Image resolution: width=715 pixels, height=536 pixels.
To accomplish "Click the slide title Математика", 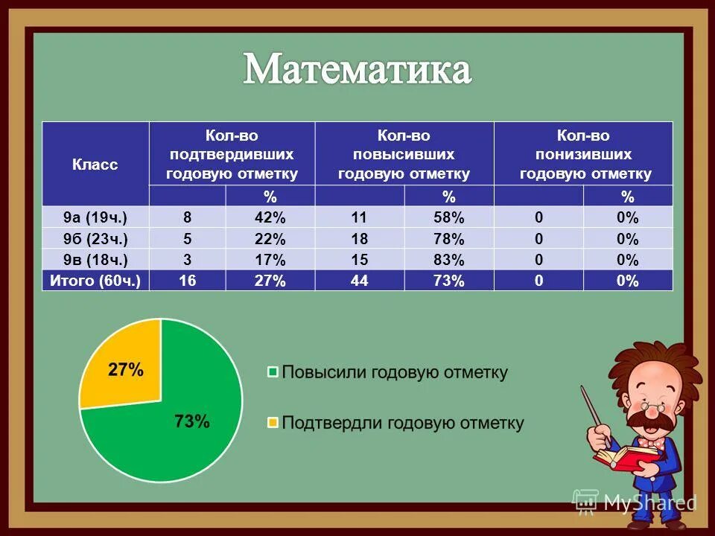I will [357, 71].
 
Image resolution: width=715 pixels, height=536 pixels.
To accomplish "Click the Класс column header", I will [95, 165].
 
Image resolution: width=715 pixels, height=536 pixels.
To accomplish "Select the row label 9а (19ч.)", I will [95, 217].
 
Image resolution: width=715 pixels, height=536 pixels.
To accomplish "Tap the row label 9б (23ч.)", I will [95, 239].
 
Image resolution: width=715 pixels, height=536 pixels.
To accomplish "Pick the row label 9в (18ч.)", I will [95, 260].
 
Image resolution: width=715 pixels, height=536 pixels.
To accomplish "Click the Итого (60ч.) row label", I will [95, 281].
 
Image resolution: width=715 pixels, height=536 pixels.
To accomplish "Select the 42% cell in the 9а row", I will [269, 217].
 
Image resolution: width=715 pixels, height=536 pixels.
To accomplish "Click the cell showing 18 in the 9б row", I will [360, 239].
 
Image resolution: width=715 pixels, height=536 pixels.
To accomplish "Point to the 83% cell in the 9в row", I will [448, 260].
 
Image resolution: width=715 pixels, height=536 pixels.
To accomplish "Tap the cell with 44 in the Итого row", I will [360, 281].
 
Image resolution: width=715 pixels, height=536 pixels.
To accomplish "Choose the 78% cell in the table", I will [448, 239].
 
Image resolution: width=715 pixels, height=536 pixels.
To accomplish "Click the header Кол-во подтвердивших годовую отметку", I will [232, 155].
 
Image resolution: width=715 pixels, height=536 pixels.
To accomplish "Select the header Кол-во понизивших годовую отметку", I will [584, 155].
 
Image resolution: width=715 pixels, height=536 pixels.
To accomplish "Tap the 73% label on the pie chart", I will [191, 421].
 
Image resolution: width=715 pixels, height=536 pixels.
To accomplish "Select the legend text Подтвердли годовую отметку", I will [402, 423].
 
